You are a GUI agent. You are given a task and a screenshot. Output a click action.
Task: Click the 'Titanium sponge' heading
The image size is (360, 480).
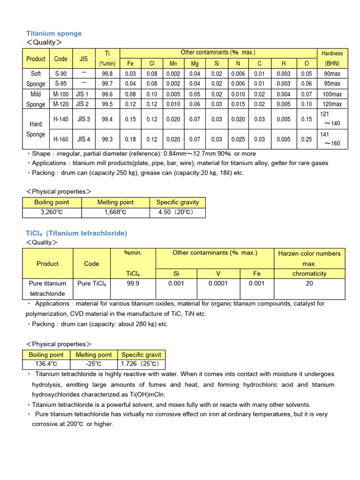(x=54, y=33)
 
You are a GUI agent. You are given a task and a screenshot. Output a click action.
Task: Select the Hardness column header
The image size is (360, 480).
(x=332, y=53)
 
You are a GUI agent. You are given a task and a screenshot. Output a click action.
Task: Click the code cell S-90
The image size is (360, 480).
(x=61, y=74)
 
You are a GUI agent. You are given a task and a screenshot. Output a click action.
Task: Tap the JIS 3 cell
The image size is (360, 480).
(x=83, y=119)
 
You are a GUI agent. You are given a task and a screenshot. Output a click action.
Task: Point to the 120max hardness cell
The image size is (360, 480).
(x=332, y=104)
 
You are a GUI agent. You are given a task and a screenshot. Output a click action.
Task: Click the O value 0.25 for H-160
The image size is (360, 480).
(x=307, y=139)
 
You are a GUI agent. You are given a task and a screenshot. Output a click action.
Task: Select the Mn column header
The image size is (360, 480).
(x=173, y=64)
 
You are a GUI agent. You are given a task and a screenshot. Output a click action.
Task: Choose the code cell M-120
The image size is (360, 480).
(x=61, y=104)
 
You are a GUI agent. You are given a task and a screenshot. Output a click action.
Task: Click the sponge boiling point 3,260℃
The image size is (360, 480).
(x=52, y=212)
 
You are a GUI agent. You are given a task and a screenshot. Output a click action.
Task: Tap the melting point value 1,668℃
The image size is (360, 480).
(x=115, y=212)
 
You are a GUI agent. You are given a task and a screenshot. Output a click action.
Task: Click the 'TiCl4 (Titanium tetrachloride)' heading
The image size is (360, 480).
(x=76, y=233)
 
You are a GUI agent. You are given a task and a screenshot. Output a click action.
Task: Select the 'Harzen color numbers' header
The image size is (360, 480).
(x=309, y=253)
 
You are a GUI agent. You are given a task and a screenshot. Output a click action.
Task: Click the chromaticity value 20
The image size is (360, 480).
(x=309, y=283)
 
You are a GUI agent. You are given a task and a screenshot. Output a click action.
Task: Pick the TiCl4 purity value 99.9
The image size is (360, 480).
(x=133, y=283)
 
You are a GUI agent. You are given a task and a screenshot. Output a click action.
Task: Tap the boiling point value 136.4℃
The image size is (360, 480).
(x=46, y=364)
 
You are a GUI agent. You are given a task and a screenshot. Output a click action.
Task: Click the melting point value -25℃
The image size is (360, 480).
(x=93, y=364)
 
